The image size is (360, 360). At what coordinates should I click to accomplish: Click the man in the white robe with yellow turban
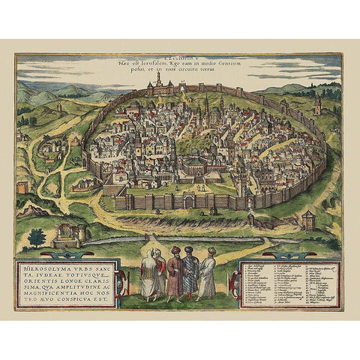(x=208, y=274)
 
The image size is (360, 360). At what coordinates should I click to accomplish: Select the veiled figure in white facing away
(x=150, y=274)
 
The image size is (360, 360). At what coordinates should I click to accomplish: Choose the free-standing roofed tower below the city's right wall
(x=307, y=219)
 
